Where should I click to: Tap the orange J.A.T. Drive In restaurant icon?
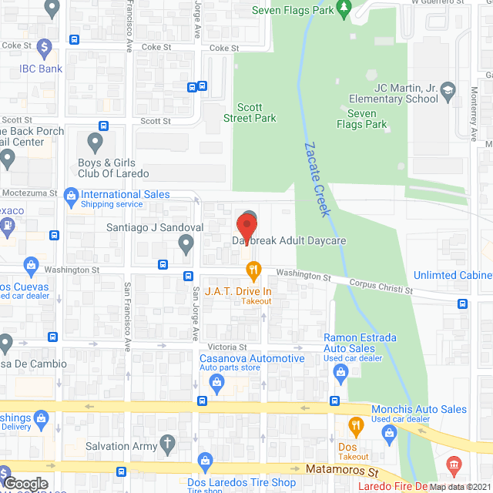tap(252, 270)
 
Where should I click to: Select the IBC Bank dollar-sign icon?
tap(45, 48)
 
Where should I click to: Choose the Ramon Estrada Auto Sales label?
tap(361, 343)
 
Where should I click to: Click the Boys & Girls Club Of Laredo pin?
tap(96, 142)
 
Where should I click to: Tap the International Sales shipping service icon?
tap(71, 194)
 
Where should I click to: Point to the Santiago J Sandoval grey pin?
tap(186, 244)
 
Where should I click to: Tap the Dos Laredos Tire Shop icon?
tap(206, 461)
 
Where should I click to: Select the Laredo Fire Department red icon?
tap(453, 464)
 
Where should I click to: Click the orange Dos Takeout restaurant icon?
tap(355, 424)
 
